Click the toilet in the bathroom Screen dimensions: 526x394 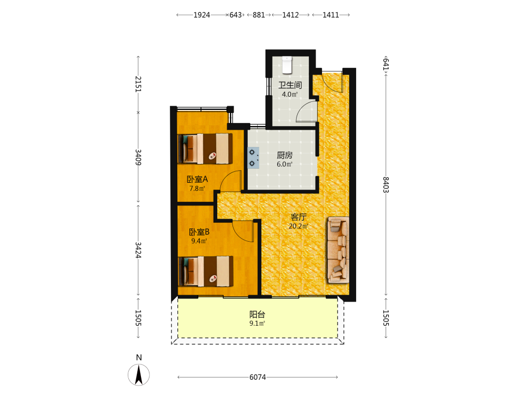tap(287, 65)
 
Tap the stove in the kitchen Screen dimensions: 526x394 tap(254, 158)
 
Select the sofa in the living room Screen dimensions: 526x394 tap(338, 250)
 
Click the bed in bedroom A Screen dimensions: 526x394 tap(205, 149)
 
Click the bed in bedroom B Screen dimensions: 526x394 tap(205, 272)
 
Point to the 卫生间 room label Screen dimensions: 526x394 tap(290, 85)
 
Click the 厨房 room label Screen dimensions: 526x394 tap(285, 155)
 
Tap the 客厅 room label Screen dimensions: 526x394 tap(298, 217)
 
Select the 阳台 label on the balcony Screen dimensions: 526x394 tap(257, 314)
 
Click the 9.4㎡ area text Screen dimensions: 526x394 tap(199, 241)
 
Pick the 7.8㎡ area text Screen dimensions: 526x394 tap(197, 189)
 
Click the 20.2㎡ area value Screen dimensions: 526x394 tap(298, 226)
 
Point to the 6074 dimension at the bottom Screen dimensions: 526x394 tap(258, 377)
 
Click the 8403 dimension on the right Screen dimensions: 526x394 tap(386, 184)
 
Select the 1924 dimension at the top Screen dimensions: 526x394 tap(201, 15)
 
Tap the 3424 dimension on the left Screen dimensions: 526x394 tap(138, 250)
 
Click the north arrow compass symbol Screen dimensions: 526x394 tap(139, 375)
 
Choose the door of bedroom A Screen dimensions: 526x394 tap(231, 181)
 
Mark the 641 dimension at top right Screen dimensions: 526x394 tap(386, 64)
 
